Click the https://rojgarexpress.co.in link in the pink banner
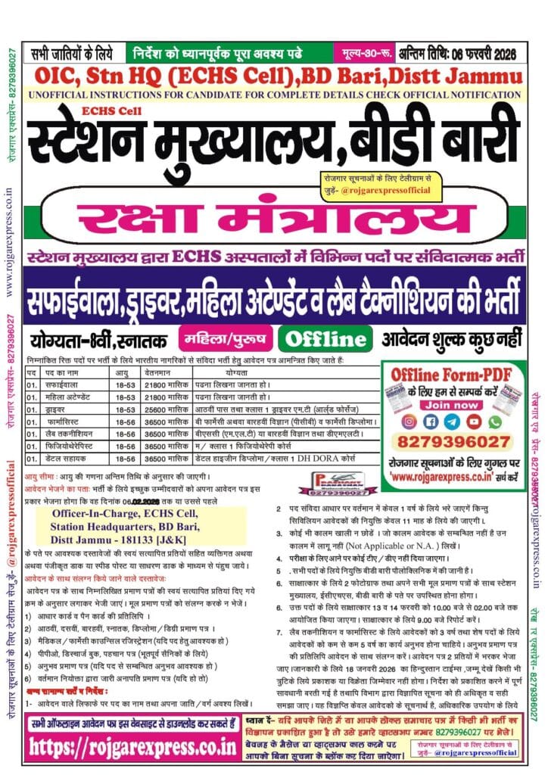point(133,746)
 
